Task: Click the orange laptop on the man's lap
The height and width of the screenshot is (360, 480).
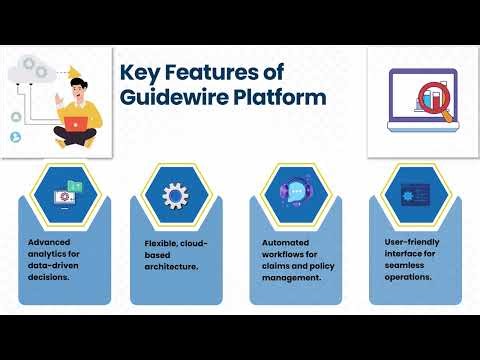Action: [x=74, y=122]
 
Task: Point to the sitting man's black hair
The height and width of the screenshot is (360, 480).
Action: [x=77, y=83]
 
